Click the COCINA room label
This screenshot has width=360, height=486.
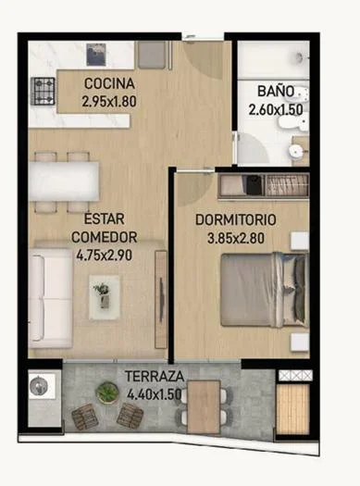pos(109,83)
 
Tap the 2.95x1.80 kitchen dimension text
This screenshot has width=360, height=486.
pos(109,102)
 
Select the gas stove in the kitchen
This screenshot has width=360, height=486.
pos(43,91)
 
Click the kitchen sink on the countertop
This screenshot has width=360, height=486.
pos(96,55)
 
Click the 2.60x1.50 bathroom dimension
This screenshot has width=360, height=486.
pos(276,109)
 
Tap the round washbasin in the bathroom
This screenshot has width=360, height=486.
pos(296,151)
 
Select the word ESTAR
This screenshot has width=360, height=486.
pos(105,218)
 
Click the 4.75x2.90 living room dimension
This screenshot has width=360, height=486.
pos(105,255)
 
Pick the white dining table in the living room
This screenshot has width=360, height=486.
pos(64,181)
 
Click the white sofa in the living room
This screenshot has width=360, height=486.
pos(50,298)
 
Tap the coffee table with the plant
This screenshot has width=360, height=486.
pos(104,296)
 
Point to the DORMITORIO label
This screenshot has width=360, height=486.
pos(236,220)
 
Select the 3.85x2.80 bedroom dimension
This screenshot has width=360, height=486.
pos(236,238)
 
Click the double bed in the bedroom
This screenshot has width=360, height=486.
pos(265,290)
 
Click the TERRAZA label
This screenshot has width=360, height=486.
pos(155,376)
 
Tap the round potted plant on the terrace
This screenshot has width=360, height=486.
pos(106,393)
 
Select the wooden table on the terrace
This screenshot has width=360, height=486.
pos(204,406)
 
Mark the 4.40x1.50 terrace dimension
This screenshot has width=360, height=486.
pos(155,394)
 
